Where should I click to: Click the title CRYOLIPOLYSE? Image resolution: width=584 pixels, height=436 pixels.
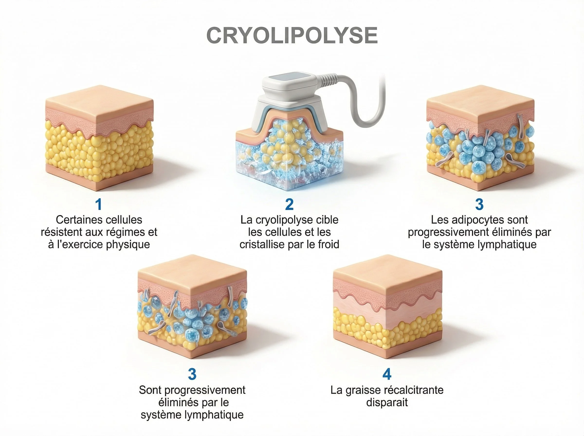(x=292, y=36)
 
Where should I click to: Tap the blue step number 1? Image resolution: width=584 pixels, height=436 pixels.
(x=99, y=205)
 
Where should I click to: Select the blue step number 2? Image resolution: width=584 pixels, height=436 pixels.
(x=290, y=205)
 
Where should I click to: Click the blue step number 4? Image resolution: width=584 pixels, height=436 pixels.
(x=387, y=374)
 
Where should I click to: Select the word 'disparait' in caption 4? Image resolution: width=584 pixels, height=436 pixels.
(x=387, y=402)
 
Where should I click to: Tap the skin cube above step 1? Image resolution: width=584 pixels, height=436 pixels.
(x=99, y=137)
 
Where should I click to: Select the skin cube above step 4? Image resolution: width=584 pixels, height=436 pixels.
(x=387, y=306)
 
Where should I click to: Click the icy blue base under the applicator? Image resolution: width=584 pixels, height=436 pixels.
(x=289, y=169)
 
